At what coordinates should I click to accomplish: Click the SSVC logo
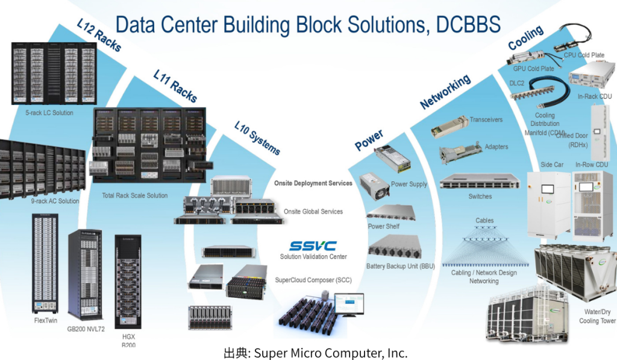click(313, 246)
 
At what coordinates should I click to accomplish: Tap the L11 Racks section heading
click(175, 86)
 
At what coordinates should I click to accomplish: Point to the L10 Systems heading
click(257, 137)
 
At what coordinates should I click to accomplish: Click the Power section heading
click(369, 140)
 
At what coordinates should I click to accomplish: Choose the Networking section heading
click(445, 92)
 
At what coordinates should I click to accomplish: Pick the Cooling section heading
click(525, 37)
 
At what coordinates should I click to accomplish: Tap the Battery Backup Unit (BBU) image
click(394, 247)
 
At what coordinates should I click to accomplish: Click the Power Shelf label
click(383, 226)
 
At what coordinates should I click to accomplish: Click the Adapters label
click(496, 147)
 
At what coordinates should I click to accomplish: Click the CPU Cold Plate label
click(583, 55)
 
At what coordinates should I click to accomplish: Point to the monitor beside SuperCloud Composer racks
click(349, 305)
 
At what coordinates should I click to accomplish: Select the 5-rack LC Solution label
click(49, 113)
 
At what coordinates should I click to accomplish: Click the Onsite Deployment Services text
click(313, 183)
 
